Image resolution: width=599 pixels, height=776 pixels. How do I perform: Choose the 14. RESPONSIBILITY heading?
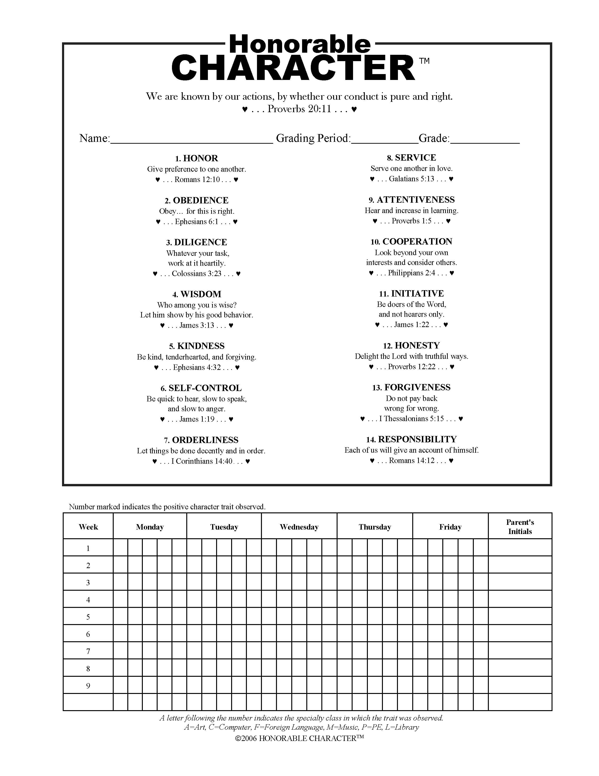coord(411,439)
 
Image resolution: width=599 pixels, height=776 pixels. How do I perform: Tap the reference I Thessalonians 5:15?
coord(411,419)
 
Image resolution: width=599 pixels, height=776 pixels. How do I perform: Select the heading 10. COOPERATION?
coord(411,242)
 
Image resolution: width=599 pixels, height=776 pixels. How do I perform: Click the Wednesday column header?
coord(299,527)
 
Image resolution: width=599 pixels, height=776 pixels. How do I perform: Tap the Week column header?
coord(88,527)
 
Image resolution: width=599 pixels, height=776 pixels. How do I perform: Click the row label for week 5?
coord(88,617)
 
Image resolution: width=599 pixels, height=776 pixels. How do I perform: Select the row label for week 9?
coord(88,686)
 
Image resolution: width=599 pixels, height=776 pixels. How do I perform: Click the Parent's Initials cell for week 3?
coord(520,582)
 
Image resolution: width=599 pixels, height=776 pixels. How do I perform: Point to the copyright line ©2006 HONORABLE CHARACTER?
coord(299,738)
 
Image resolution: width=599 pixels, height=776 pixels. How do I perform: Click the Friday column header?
coord(450,527)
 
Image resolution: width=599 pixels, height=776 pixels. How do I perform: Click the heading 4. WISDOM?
coord(197,294)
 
